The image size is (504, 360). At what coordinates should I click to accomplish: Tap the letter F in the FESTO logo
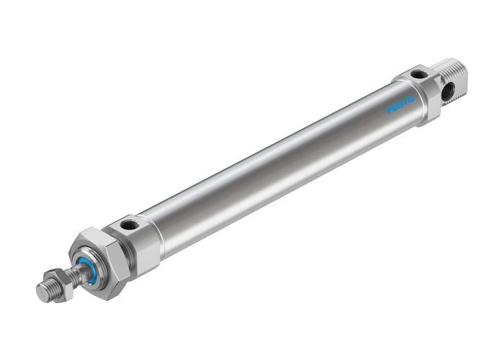pos(390,112)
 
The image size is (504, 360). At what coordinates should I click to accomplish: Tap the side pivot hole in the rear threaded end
pos(449,92)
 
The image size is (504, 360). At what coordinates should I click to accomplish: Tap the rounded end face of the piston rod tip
pos(42,292)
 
